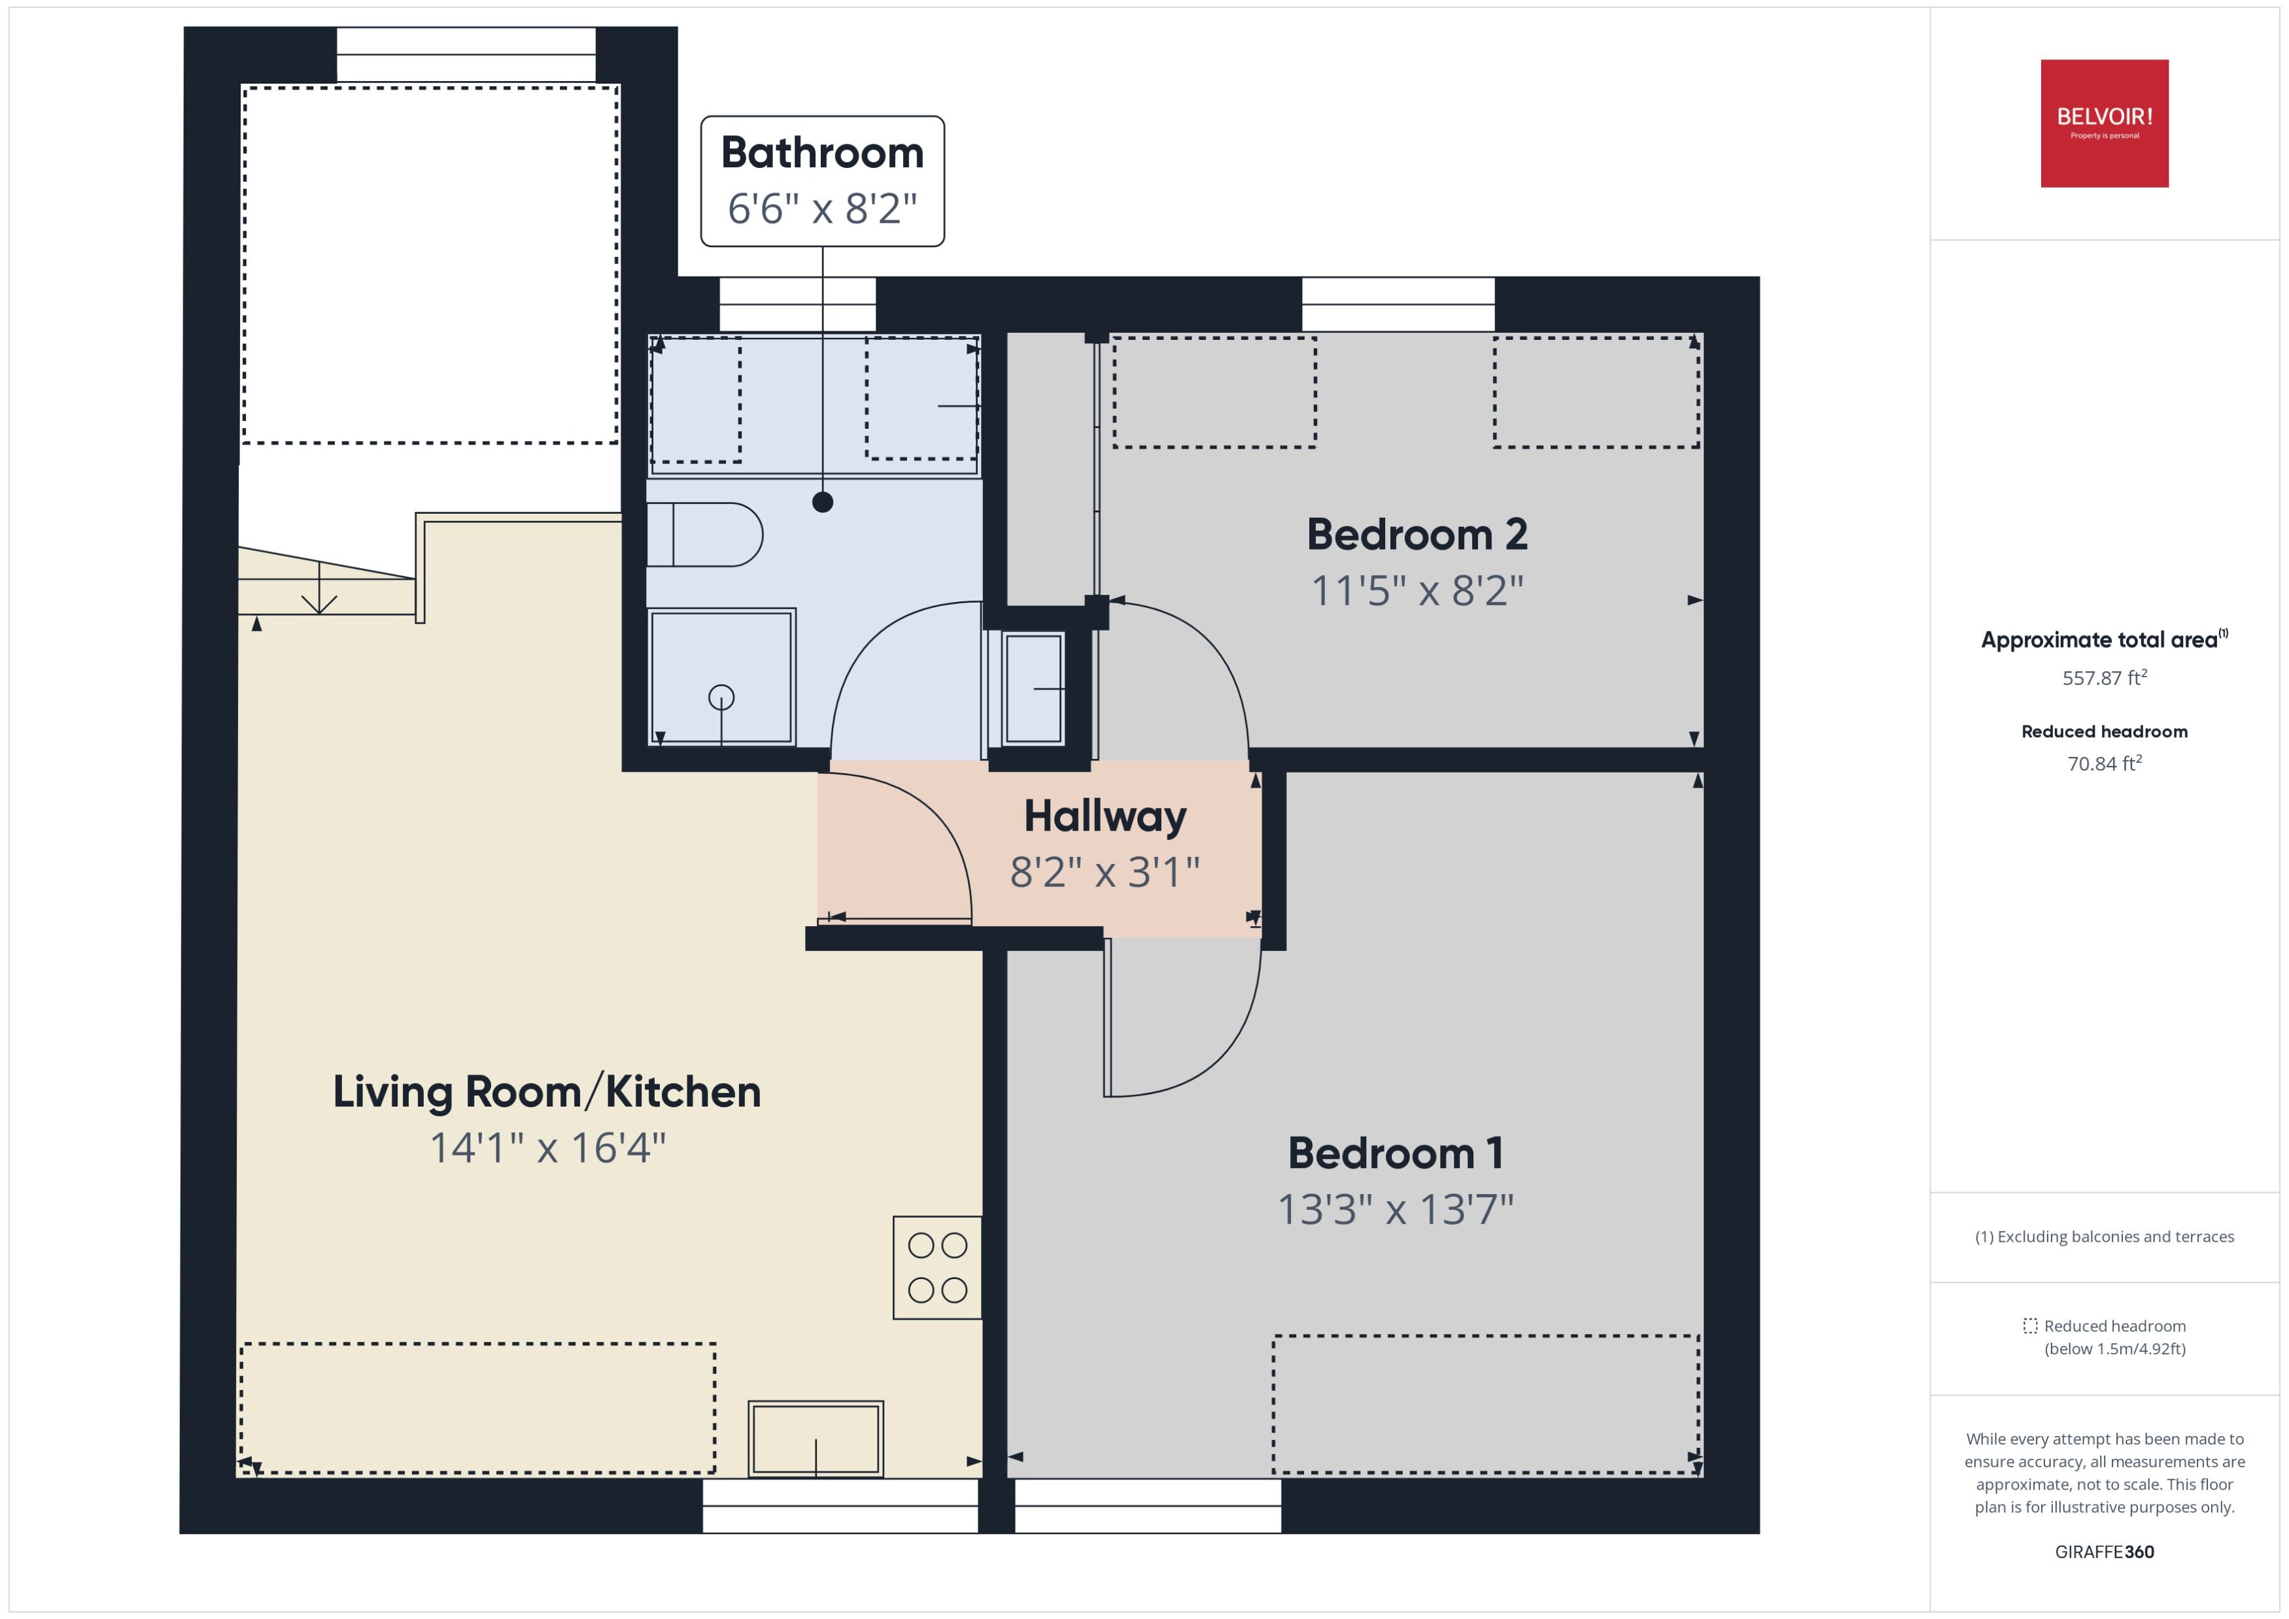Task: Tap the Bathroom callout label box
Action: coord(822,180)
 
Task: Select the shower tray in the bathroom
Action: coord(721,677)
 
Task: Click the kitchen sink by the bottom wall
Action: coord(815,1439)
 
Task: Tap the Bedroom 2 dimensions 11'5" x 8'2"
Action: coord(1417,590)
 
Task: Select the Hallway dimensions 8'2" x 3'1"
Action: coord(1104,873)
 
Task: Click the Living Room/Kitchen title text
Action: coord(547,1092)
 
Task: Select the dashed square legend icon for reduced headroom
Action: coord(2029,1326)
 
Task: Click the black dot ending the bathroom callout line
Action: coord(822,503)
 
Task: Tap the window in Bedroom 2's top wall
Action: coord(1398,304)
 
